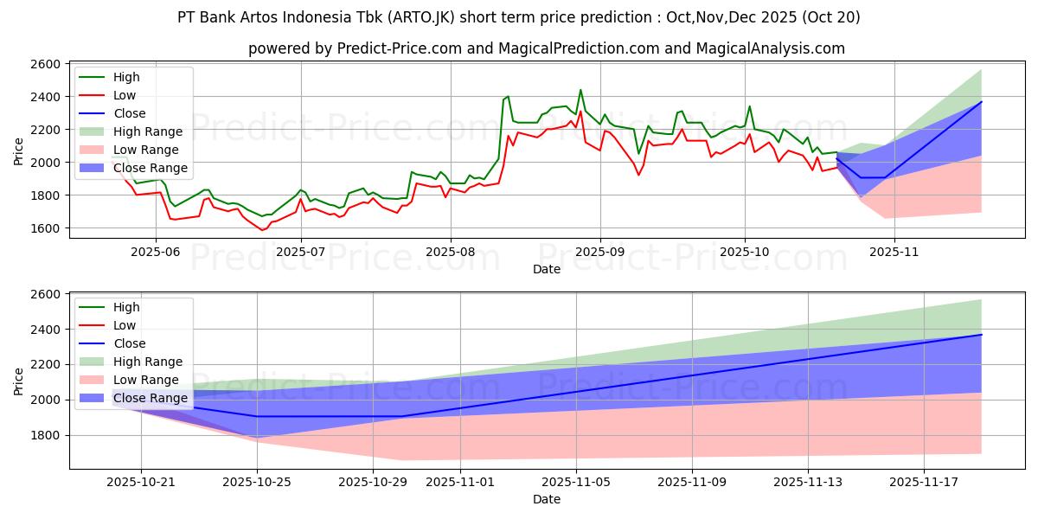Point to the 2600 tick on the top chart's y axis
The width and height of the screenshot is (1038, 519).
[x=46, y=64]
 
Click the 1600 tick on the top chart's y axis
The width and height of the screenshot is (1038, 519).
[x=46, y=228]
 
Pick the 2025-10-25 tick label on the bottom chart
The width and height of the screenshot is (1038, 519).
[x=257, y=481]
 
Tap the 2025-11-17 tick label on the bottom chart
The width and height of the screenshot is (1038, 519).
[x=924, y=481]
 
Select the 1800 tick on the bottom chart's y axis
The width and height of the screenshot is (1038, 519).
[x=46, y=435]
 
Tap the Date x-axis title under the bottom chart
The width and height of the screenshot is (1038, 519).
[x=546, y=499]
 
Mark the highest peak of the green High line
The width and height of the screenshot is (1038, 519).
[x=580, y=90]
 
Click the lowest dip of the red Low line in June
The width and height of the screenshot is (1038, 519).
[x=262, y=230]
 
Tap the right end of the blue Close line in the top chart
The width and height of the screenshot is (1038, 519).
[x=981, y=102]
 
